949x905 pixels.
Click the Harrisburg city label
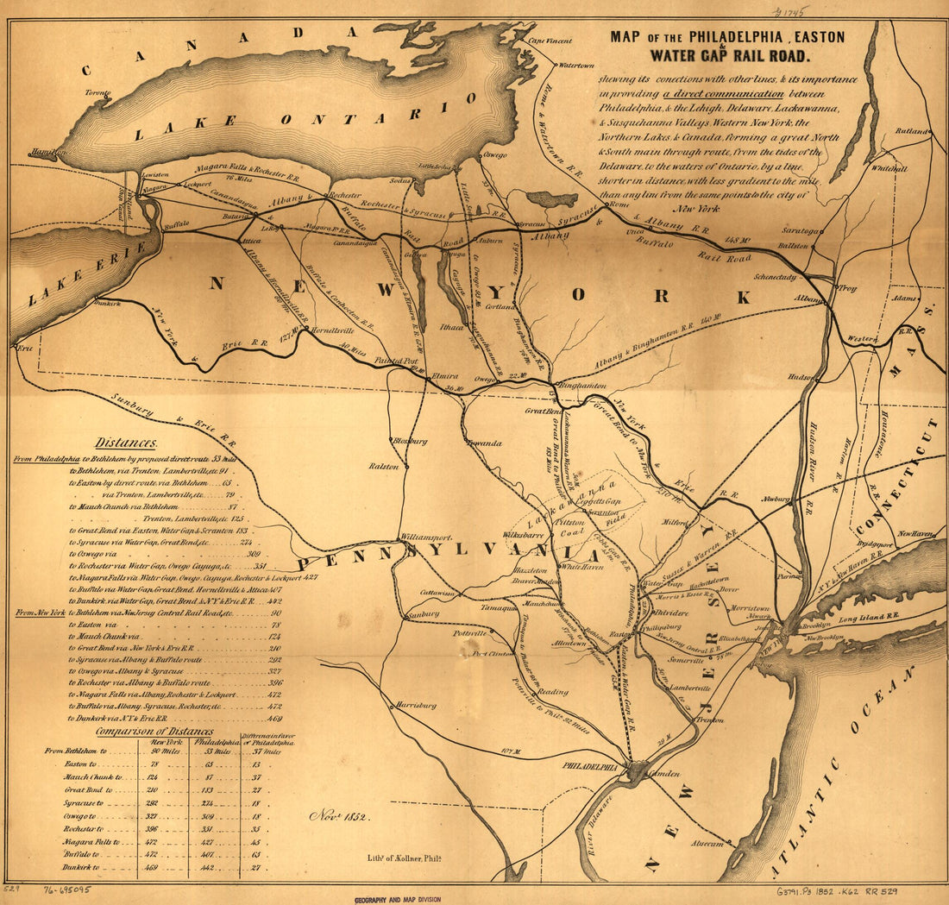414,705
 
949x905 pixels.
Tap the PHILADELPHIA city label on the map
591,766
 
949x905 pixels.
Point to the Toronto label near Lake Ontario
97,92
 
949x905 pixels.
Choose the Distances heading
126,443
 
